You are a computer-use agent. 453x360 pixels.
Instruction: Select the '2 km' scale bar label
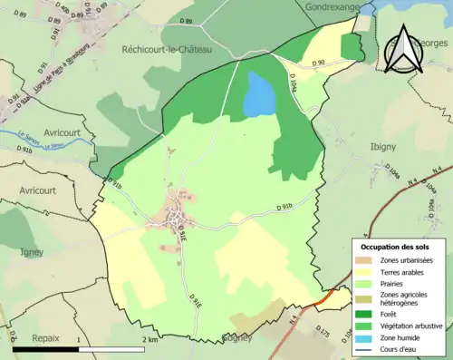(x=149, y=338)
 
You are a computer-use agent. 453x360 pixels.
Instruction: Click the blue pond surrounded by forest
(x=258, y=94)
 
